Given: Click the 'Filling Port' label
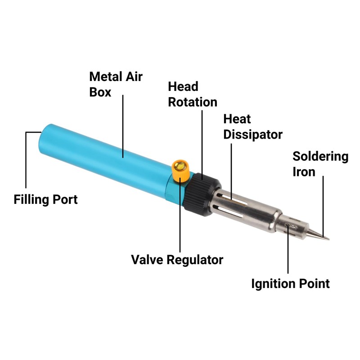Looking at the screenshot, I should click(45, 199).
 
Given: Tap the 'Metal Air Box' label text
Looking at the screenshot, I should click(116, 84).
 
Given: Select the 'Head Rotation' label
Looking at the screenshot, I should click(192, 94).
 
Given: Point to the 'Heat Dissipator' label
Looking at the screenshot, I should click(253, 127).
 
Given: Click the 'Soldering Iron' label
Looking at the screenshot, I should click(320, 164).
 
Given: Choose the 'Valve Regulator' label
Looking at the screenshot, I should click(177, 260).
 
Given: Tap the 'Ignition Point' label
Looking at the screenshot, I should click(290, 284).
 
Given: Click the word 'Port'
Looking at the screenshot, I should click(63, 199).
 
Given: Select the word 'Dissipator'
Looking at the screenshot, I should click(253, 135).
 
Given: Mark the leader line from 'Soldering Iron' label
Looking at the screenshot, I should click(323, 202).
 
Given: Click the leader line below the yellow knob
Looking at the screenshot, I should click(180, 216).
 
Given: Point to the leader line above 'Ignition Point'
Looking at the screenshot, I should click(288, 252).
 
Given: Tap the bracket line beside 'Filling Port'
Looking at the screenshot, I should click(26, 157).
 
